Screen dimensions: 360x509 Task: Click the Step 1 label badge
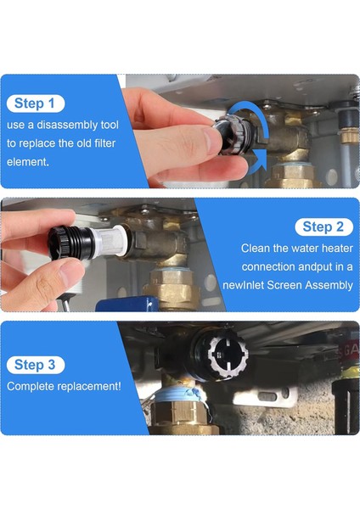pos(36,103)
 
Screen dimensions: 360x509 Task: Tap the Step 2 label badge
pos(323,227)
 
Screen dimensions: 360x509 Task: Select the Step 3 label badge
pos(36,365)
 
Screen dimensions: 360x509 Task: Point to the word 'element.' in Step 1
pos(28,162)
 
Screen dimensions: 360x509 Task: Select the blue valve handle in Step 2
pos(127,305)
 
